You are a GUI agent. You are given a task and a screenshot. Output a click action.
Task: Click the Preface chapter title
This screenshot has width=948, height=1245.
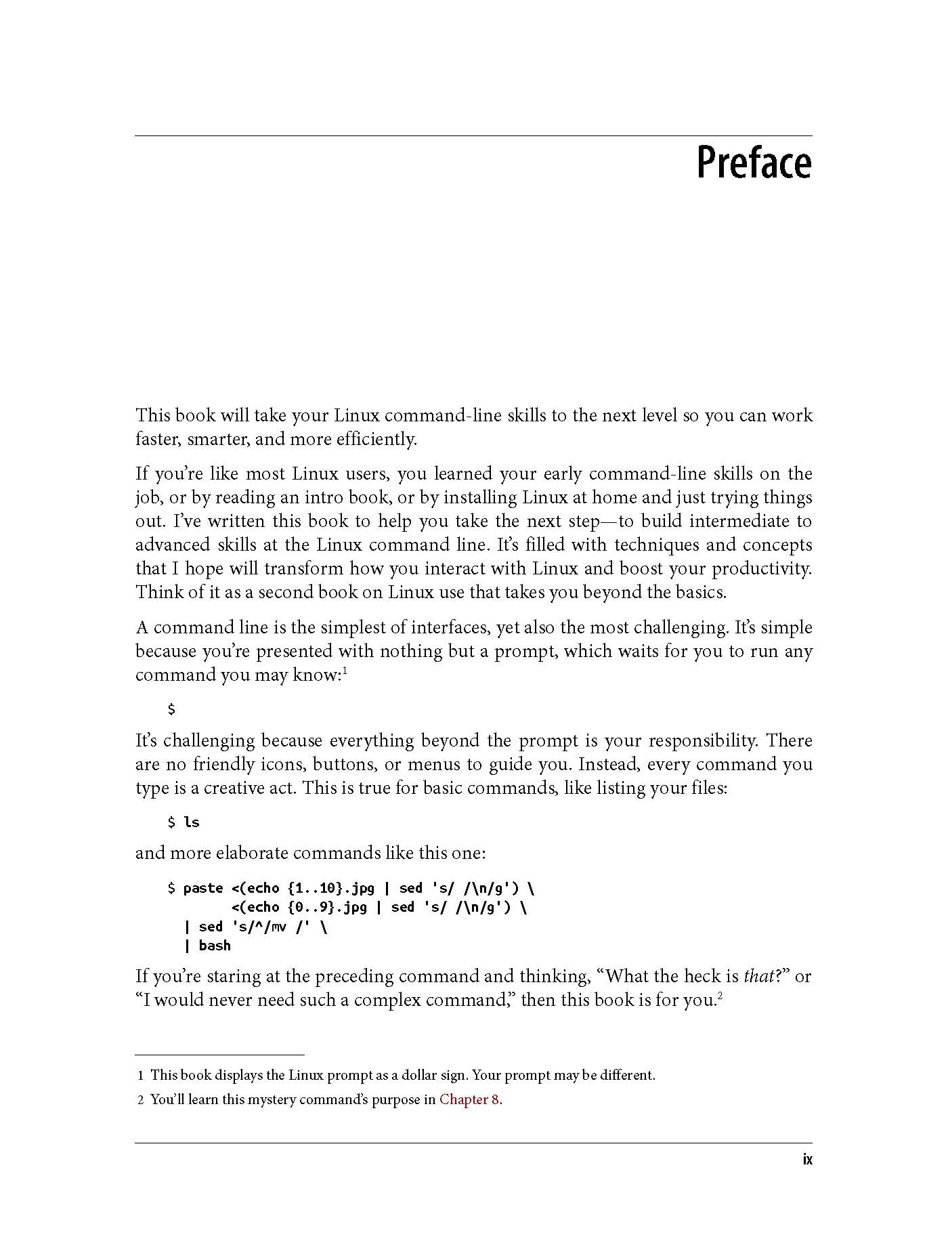tap(754, 163)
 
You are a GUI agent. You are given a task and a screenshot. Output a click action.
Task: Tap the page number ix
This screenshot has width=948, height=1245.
tap(806, 1159)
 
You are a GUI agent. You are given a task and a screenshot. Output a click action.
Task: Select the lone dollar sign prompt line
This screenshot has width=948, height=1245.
tap(171, 709)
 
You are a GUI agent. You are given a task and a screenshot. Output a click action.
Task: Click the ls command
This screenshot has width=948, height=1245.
tap(192, 822)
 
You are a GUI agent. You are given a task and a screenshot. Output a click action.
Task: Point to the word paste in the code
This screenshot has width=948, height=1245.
tap(203, 888)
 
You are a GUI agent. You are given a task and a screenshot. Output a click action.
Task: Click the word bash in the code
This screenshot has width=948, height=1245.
tap(215, 946)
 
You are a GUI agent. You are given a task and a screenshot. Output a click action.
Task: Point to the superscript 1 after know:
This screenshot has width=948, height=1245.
tap(345, 671)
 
